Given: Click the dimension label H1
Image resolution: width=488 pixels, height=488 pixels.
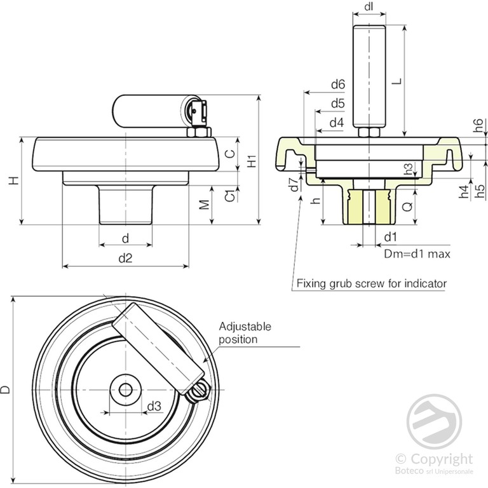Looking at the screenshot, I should coord(252,161).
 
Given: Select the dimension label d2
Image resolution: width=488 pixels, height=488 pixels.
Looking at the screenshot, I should coord(125,258).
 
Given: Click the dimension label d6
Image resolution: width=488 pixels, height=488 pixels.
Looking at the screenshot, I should coord(337,84).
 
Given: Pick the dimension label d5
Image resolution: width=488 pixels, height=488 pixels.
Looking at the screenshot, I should coord(337,103).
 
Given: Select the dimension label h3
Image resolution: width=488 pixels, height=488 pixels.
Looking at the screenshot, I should coord(409,169).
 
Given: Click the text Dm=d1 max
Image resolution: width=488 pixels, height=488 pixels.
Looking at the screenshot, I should coord(417,254).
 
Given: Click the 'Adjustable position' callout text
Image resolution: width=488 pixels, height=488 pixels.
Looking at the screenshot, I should coord(245,333).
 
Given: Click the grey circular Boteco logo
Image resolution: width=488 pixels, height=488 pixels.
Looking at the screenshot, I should coord(435,421).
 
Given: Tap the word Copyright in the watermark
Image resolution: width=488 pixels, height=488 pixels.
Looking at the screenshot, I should coord(442,459).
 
